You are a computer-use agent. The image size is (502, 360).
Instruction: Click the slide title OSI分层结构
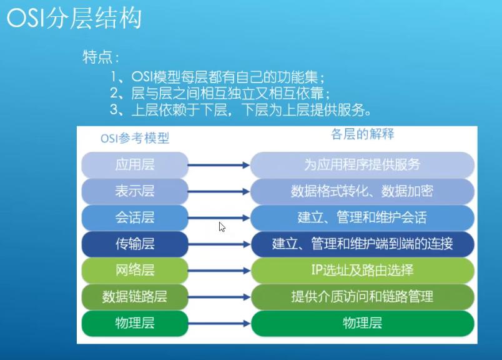tap(74, 19)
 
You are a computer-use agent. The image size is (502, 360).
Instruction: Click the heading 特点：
tap(101, 57)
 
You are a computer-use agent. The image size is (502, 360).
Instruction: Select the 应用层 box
tap(135, 165)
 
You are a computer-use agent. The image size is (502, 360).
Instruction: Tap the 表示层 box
tap(135, 191)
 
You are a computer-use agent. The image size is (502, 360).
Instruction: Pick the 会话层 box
tap(135, 217)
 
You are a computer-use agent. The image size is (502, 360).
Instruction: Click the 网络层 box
tap(135, 271)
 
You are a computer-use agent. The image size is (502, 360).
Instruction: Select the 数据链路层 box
tap(135, 297)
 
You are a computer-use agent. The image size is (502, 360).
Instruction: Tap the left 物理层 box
tap(135, 323)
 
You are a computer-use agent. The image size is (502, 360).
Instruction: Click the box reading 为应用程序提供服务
tap(362, 165)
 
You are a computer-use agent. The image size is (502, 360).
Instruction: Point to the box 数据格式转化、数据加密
tap(362, 191)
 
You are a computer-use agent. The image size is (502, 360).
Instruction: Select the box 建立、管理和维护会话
tap(362, 217)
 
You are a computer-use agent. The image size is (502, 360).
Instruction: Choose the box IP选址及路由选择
tap(362, 271)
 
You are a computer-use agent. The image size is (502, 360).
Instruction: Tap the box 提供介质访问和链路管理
tap(362, 297)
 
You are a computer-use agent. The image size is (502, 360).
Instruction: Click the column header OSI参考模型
tap(135, 138)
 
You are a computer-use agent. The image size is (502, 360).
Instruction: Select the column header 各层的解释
tap(362, 134)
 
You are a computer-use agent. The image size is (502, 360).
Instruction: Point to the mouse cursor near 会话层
tap(222, 227)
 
